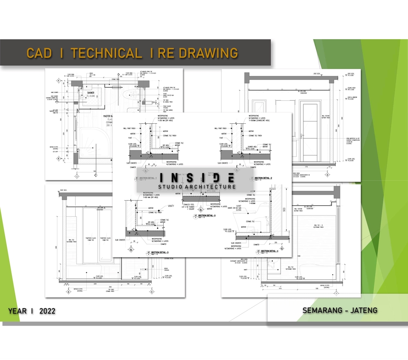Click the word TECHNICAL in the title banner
pyautogui.click(x=106, y=53)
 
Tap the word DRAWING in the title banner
pyautogui.click(x=208, y=53)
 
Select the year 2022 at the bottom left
pyautogui.click(x=47, y=311)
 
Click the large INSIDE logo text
pyautogui.click(x=197, y=177)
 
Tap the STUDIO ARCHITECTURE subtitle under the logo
pyautogui.click(x=197, y=187)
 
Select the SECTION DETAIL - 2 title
pyautogui.click(x=260, y=178)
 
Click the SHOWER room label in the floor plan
pyautogui.click(x=91, y=92)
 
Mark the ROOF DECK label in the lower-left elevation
pyautogui.click(x=64, y=189)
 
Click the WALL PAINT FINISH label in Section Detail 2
pyautogui.click(x=222, y=128)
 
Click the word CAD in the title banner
pyautogui.click(x=39, y=53)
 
